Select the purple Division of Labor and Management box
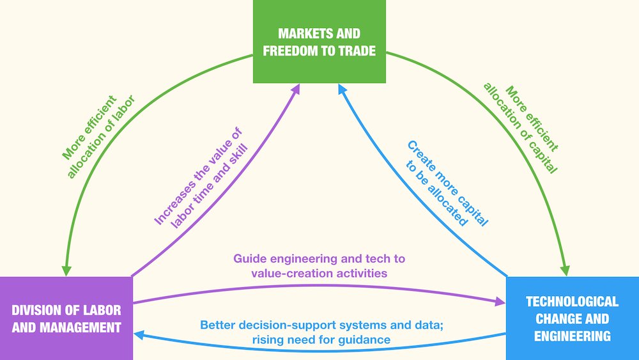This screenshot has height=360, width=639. coord(66,318)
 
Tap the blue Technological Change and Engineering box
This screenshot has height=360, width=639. coord(572,318)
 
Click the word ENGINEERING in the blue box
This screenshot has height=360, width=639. coord(572,335)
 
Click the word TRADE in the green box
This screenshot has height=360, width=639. coord(356,51)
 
